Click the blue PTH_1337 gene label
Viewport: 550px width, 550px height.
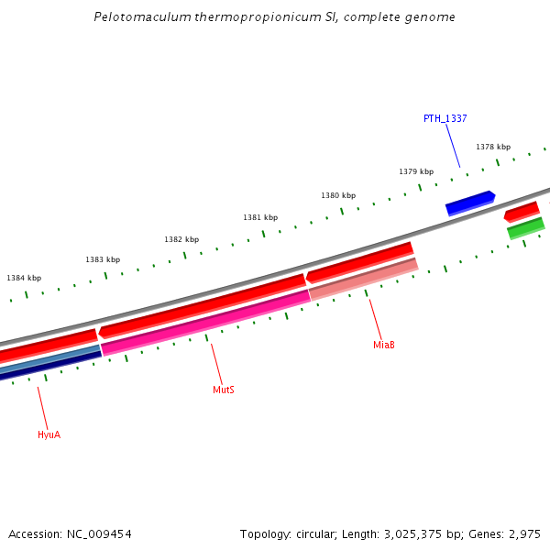pos(445,118)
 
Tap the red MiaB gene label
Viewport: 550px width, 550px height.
pos(384,345)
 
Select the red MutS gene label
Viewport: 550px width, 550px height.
pos(224,390)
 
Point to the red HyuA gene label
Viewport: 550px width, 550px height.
pos(49,434)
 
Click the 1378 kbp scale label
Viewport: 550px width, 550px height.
pos(493,147)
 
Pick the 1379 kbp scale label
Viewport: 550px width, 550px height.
pos(416,171)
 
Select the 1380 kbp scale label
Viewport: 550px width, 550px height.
pos(338,195)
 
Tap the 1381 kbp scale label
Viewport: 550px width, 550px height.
pos(260,217)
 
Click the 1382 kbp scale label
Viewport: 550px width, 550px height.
pos(181,239)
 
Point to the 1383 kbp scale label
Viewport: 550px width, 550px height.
pos(103,259)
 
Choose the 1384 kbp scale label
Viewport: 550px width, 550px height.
pos(24,278)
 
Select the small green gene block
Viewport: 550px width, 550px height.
pos(526,228)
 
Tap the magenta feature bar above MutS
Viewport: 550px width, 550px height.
pos(206,321)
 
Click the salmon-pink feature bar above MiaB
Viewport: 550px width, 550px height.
pos(364,279)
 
